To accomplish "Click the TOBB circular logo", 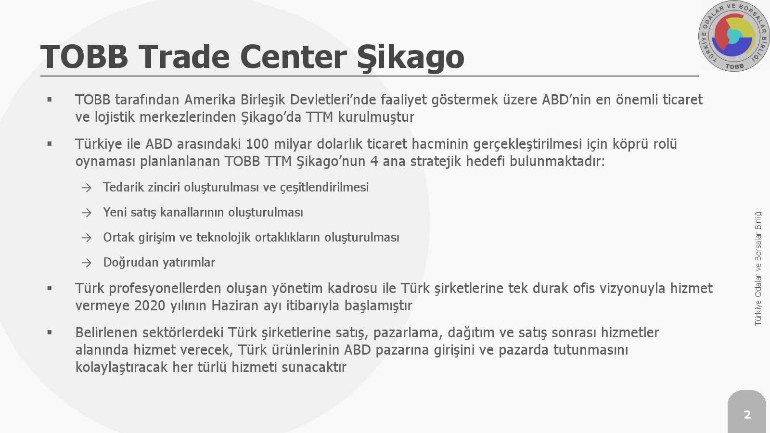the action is tap(734, 36).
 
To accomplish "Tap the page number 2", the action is tap(747, 414).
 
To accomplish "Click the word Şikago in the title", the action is tap(411, 57).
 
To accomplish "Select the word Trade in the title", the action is tap(184, 56).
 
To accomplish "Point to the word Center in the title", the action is tap(294, 57).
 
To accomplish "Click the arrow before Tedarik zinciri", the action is tap(87, 188).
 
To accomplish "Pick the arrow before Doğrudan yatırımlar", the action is tap(87, 263).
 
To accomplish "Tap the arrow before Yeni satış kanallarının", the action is tap(87, 213).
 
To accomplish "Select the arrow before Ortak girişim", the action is tap(87, 238).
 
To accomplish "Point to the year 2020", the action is tap(150, 305).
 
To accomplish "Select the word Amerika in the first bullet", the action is tap(210, 100).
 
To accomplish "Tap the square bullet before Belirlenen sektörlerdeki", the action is tap(50, 332).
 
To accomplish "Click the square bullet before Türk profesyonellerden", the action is tap(50, 288).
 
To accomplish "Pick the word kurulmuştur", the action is tap(376, 117).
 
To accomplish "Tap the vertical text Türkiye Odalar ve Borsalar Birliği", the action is tap(758, 268).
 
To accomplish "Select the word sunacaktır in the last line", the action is tap(314, 367).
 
